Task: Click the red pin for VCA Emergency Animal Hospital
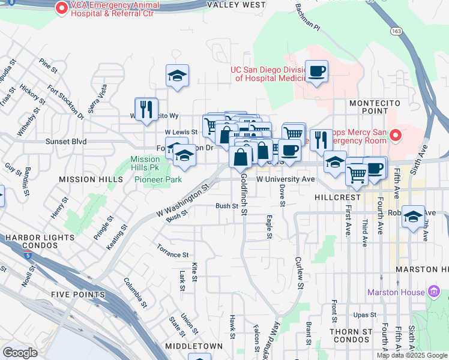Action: [x=61, y=8]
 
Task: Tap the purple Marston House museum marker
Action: [x=436, y=293]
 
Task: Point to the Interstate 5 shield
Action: [x=29, y=256]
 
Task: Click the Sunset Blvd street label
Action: [x=66, y=142]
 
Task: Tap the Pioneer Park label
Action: [x=157, y=179]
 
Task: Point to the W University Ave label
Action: [x=286, y=179]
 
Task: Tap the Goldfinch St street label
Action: [x=244, y=194]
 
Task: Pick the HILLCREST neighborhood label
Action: [x=337, y=197]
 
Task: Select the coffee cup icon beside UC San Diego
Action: [x=316, y=71]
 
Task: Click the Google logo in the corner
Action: [x=20, y=353]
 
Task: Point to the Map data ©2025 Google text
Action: [x=412, y=355]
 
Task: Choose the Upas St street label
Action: [x=364, y=314]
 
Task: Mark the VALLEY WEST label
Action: [x=236, y=5]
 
